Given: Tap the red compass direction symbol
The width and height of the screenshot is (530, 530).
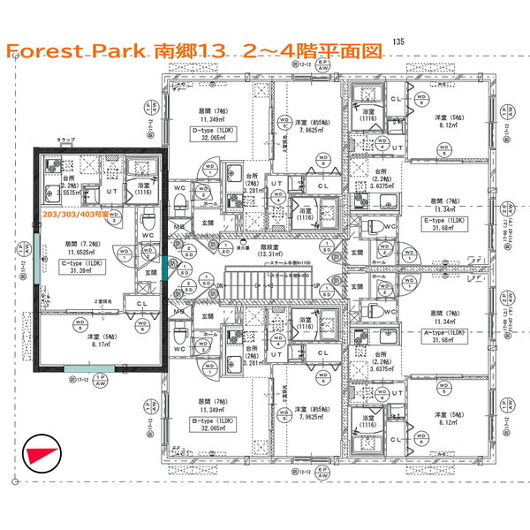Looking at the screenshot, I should [42, 454].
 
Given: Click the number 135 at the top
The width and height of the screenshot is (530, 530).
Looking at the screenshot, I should [398, 42].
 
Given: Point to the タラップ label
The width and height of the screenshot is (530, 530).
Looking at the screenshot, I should [66, 141].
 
